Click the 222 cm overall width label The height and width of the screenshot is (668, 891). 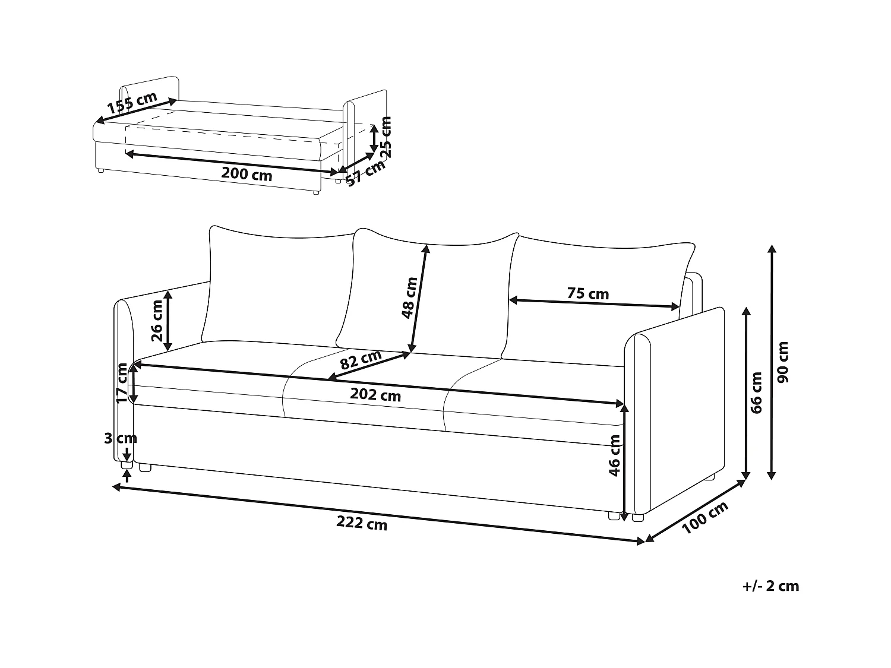(x=362, y=524)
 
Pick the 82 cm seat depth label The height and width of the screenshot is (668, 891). (x=361, y=360)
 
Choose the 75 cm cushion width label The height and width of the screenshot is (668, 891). (x=587, y=293)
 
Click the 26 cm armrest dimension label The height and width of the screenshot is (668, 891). (x=157, y=321)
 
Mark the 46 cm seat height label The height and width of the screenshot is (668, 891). (x=615, y=455)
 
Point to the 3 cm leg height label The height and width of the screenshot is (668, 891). (x=121, y=438)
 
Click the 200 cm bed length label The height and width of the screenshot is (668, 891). (x=247, y=174)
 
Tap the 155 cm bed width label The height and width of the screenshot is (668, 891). (x=132, y=103)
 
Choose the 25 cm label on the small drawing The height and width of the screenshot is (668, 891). (x=386, y=136)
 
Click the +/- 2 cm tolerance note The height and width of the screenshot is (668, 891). (x=770, y=586)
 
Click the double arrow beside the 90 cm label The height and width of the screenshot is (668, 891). (x=771, y=362)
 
